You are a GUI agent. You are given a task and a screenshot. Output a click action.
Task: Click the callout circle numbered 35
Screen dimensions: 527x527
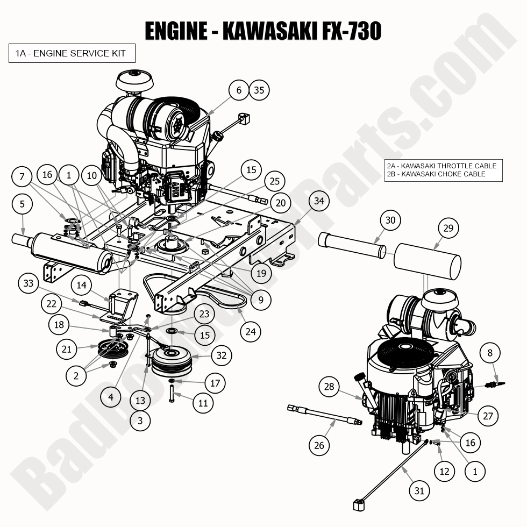coord(259,90)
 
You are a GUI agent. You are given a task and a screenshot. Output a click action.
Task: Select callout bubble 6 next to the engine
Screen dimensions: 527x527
coord(239,90)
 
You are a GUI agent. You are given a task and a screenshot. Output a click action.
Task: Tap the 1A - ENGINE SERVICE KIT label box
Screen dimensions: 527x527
coord(71,53)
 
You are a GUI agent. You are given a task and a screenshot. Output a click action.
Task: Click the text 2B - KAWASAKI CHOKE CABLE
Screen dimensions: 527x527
coord(436,174)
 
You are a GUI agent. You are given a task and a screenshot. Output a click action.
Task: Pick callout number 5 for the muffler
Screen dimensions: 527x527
coord(22,204)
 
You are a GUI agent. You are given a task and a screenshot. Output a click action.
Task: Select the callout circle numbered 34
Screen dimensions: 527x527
coord(319,201)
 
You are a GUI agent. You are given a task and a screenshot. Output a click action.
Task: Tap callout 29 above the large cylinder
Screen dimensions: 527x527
coord(448,228)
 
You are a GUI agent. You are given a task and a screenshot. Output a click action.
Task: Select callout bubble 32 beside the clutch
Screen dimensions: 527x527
coord(221,355)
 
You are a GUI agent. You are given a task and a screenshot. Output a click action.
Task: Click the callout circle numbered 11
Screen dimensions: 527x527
coord(203,402)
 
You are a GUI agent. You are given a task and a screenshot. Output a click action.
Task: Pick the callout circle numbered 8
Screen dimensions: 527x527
coord(489,353)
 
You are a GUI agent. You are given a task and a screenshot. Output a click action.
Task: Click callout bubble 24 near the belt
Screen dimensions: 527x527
coord(251,331)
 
